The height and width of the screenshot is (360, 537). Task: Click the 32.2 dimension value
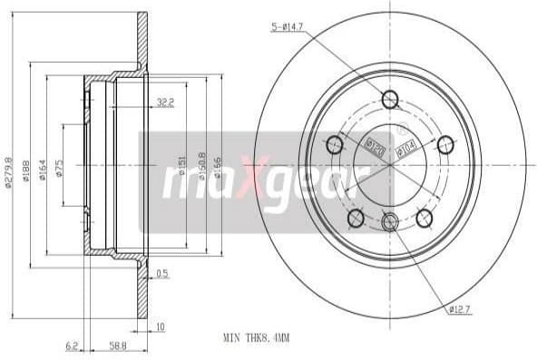click(x=165, y=102)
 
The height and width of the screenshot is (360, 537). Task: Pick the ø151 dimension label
click(x=181, y=164)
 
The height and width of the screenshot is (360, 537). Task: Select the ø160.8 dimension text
click(x=200, y=164)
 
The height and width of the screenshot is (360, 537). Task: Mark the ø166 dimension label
click(x=219, y=164)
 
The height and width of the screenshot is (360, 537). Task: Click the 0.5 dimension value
click(x=163, y=273)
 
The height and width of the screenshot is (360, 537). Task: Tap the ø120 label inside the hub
click(x=372, y=143)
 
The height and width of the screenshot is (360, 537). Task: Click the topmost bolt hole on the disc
click(x=390, y=100)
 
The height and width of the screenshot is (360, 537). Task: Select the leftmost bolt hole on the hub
click(x=333, y=143)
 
